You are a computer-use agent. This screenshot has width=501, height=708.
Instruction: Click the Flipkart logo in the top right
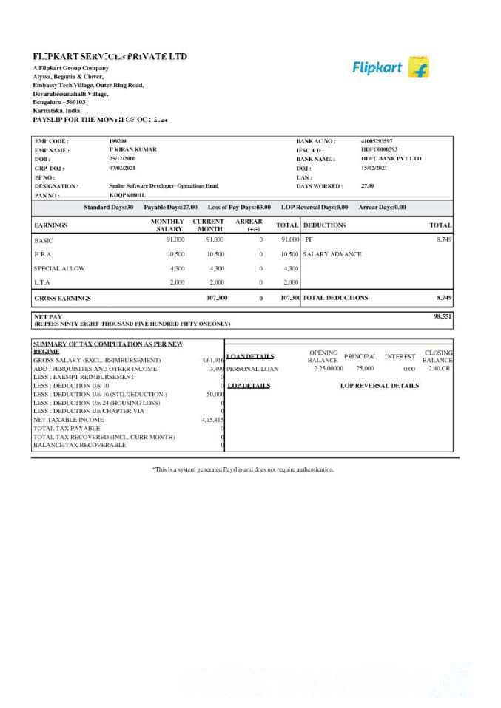(x=391, y=68)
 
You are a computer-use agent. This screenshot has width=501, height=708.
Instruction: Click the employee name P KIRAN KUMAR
(x=132, y=149)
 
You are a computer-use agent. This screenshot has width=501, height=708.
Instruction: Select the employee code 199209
(x=118, y=140)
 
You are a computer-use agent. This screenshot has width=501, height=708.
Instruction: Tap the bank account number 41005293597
(x=377, y=140)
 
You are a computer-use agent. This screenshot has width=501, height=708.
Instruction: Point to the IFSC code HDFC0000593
(x=379, y=149)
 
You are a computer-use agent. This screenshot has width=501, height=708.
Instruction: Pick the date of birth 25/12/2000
(x=122, y=159)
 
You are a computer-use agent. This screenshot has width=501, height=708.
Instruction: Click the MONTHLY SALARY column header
(x=167, y=225)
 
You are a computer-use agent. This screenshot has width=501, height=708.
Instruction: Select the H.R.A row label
(x=43, y=254)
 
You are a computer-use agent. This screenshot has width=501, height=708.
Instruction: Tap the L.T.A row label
(x=41, y=282)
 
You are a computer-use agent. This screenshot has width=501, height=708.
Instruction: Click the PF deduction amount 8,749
(x=444, y=240)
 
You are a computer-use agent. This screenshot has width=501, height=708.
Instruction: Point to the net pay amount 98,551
(x=442, y=316)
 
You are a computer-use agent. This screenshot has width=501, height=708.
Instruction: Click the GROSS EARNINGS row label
(x=63, y=298)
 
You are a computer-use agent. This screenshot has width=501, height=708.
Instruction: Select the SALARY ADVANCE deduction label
(x=332, y=254)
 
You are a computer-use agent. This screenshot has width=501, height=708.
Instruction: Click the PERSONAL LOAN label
(x=252, y=368)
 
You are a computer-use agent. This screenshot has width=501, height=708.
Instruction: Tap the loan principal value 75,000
(x=365, y=368)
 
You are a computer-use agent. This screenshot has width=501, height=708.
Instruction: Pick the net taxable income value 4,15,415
(x=212, y=419)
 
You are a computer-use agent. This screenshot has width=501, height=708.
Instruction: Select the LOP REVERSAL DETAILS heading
(x=379, y=385)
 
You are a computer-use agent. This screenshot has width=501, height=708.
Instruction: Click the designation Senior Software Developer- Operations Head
(x=164, y=186)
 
